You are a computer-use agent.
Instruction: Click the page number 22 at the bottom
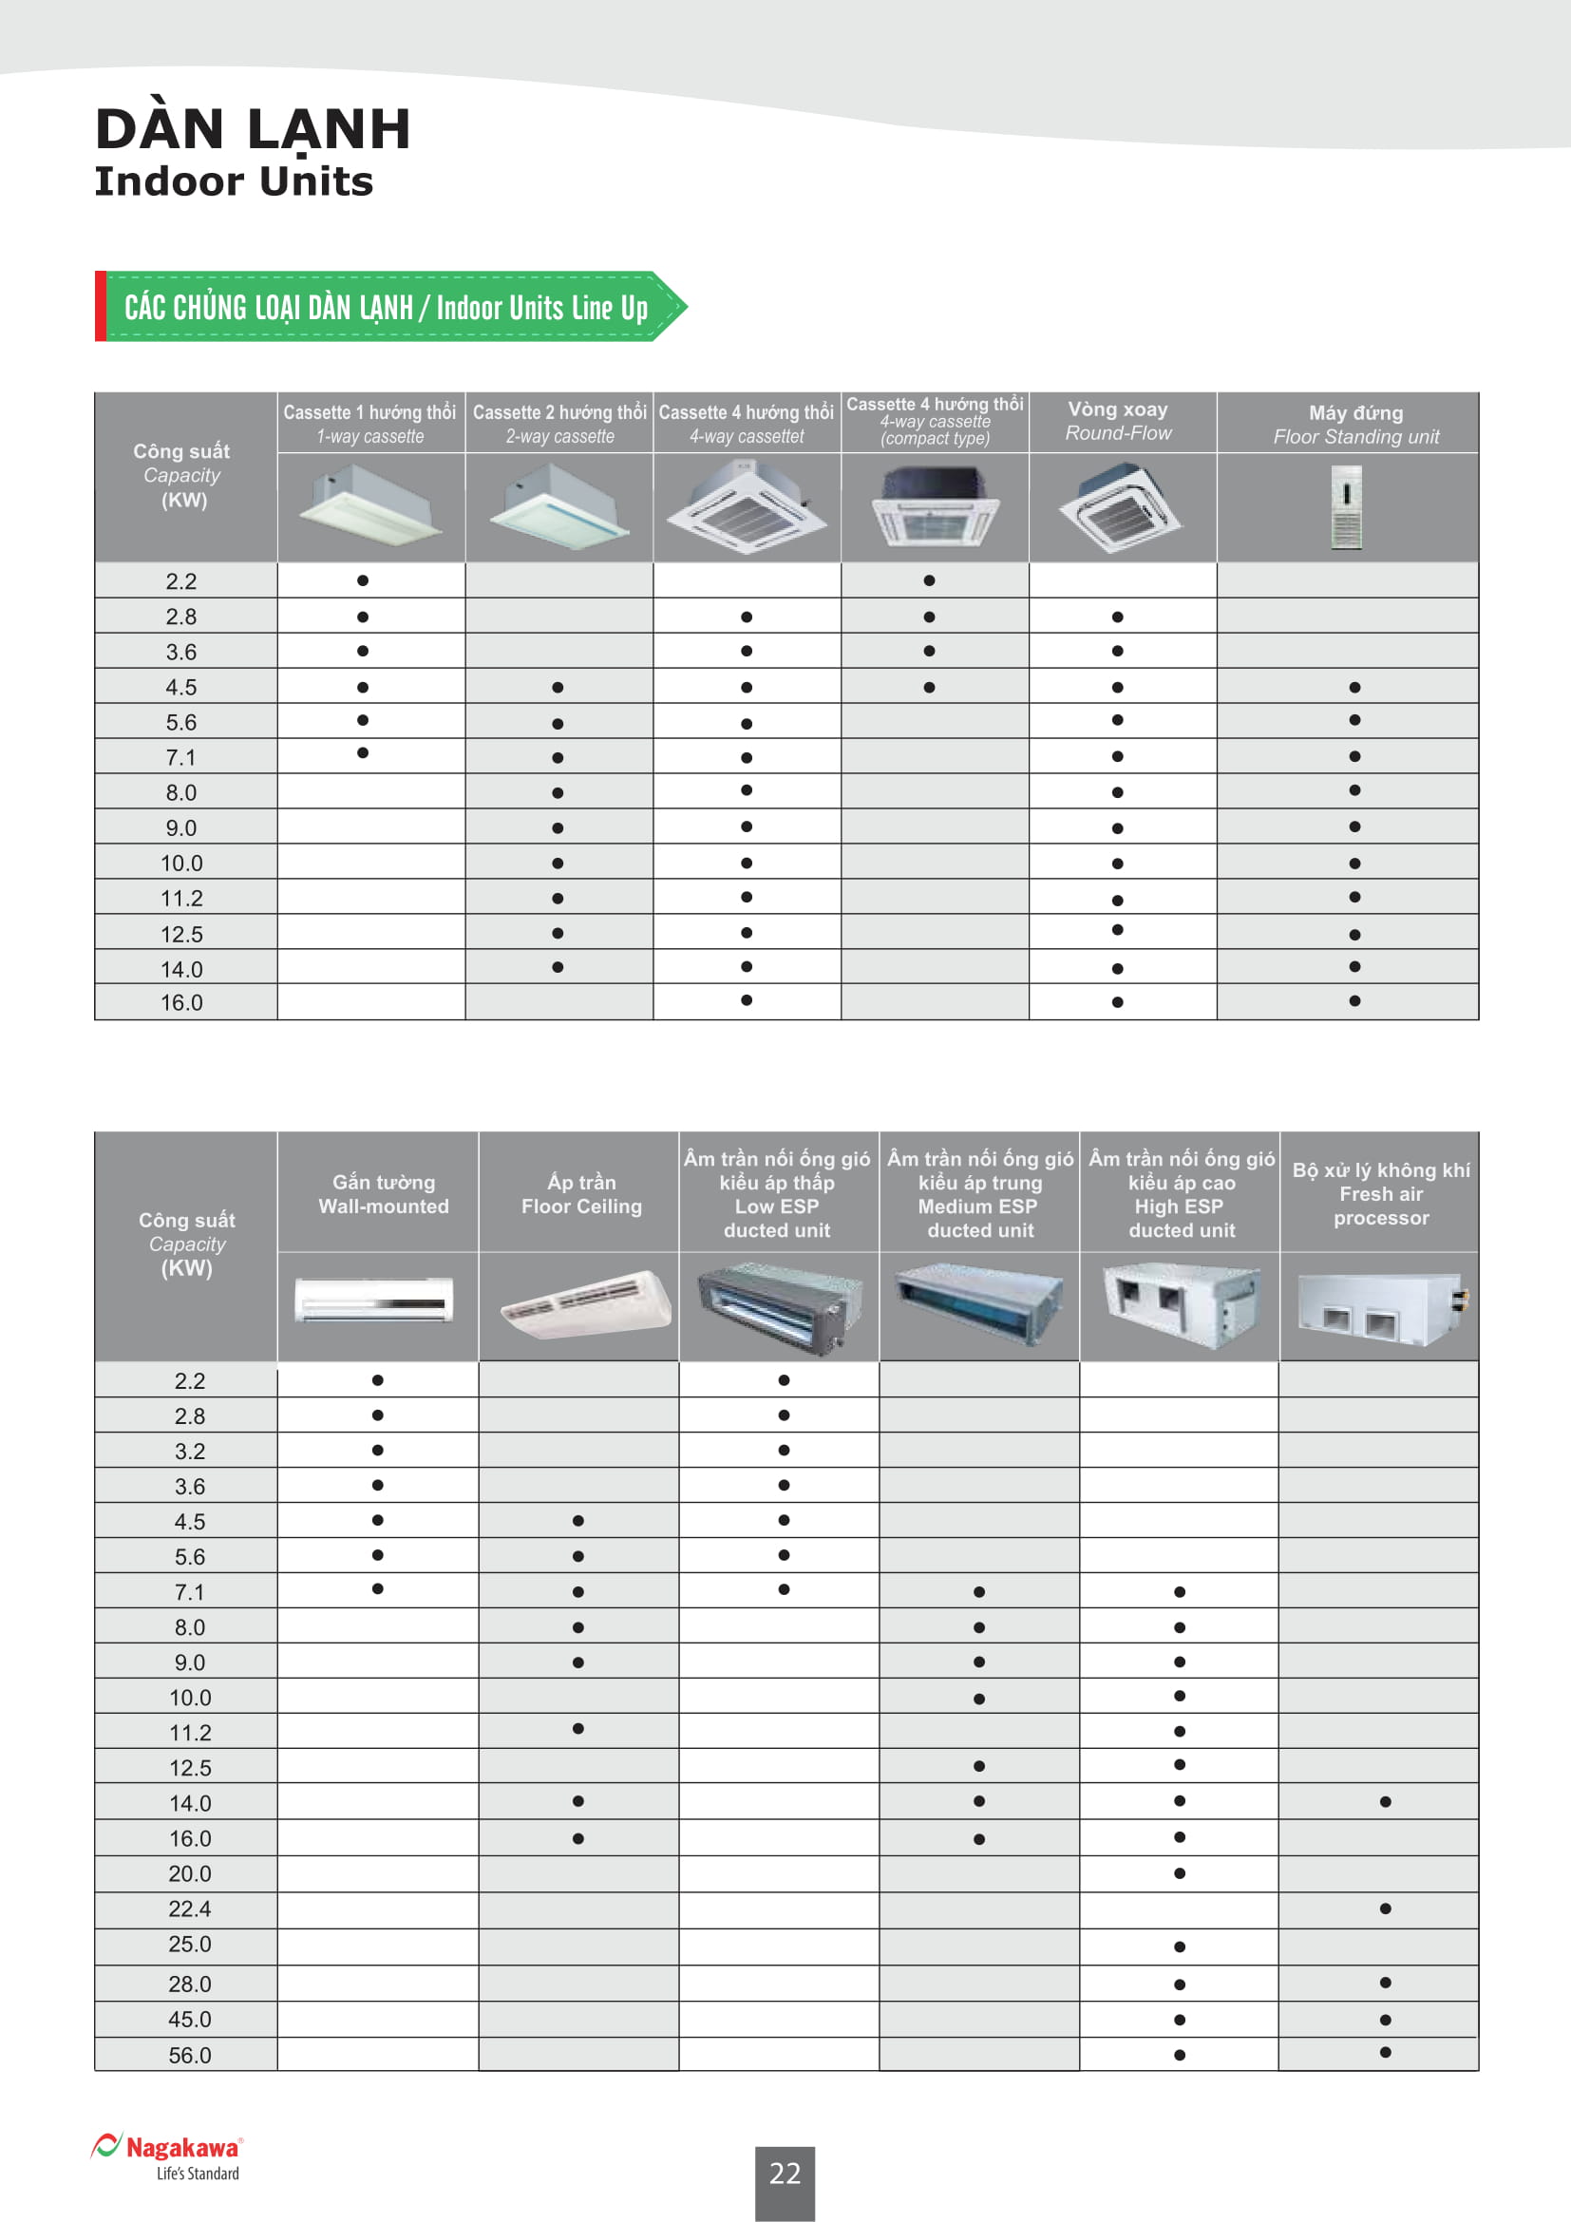click(785, 2174)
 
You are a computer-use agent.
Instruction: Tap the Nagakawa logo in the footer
click(166, 2156)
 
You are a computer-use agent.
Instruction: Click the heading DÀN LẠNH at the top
click(254, 128)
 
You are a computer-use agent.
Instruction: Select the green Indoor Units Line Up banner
click(387, 307)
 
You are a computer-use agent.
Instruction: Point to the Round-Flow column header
click(1118, 422)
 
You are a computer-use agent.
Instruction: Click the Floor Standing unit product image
click(1347, 507)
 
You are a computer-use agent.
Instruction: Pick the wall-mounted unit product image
click(374, 1300)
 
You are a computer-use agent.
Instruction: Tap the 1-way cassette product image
click(371, 505)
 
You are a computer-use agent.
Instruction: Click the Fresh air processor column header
click(1380, 1193)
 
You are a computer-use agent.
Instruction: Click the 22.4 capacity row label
click(190, 1909)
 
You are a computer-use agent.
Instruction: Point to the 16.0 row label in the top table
click(181, 1002)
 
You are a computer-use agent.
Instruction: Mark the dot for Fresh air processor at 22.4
click(1385, 1909)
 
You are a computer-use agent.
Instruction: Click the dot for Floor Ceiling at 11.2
click(577, 1728)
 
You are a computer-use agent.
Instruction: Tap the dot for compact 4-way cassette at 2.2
click(929, 580)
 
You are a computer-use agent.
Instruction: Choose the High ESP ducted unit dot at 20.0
click(1180, 1873)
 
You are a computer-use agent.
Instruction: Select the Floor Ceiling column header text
click(581, 1194)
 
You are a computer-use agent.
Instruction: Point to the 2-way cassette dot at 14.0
click(558, 967)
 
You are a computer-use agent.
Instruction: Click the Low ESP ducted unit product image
click(779, 1305)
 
